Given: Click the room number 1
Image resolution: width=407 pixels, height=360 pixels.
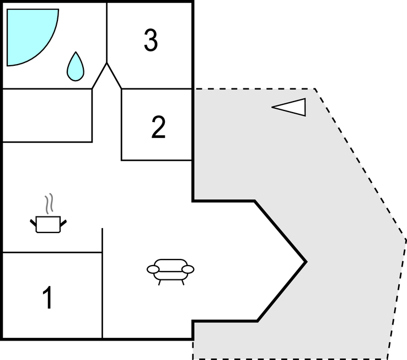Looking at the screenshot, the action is tap(48, 298).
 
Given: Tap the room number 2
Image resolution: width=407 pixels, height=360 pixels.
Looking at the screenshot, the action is tap(158, 127).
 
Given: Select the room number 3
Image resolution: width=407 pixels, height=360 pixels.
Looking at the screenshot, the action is tap(151, 40).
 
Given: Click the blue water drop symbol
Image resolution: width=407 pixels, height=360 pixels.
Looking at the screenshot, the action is tap(76, 67).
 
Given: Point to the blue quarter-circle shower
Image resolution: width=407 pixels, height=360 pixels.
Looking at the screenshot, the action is tap(29, 34).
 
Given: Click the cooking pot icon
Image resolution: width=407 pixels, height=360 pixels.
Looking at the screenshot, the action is tap(49, 224).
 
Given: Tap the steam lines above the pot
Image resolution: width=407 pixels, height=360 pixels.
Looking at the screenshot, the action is tap(49, 204).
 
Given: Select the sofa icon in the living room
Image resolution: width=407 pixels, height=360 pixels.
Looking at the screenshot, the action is tap(170, 272).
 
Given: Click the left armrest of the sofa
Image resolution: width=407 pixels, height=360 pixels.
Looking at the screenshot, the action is tap(153, 269).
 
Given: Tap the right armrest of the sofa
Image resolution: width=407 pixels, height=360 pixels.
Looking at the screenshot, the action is tap(188, 269).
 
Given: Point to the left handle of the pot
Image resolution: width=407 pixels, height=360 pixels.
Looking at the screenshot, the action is tap(33, 223).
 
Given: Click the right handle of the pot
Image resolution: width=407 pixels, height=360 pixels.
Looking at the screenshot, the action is tap(63, 223).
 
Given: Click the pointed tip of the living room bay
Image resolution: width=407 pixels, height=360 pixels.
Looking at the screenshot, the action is tap(306, 262).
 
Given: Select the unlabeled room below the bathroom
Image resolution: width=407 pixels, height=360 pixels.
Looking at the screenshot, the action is tap(47, 115).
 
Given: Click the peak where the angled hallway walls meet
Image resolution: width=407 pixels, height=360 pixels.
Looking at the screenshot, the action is tap(106, 63).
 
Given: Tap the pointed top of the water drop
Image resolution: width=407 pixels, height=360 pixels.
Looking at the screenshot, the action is tap(76, 52).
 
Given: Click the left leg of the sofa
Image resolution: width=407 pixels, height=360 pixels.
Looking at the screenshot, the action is tap(159, 283).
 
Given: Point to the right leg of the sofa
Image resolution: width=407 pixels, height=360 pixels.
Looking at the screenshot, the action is tap(183, 283).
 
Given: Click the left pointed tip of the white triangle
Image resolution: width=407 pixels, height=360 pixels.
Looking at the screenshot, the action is tap(272, 107).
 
